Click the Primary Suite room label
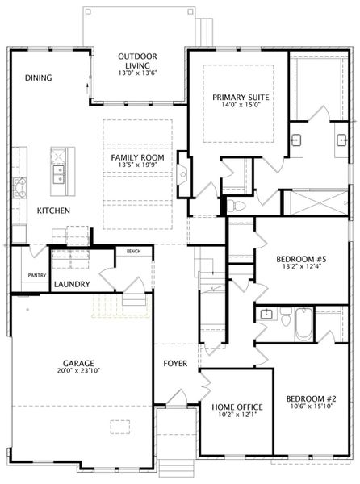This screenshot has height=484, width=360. coord(241,98)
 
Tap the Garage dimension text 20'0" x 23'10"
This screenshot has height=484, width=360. coord(78,370)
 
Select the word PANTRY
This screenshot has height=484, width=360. coord(37,275)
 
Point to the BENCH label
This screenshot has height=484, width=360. coord(134,252)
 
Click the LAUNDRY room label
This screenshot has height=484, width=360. coord(72,284)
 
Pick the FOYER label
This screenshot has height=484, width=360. coord(175,364)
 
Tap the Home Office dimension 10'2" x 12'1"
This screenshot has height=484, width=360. coord(237,415)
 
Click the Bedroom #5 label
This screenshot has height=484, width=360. coord(301,259)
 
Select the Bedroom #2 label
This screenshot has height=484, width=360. coord(312,398)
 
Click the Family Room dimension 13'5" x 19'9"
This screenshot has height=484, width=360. coord(138,165)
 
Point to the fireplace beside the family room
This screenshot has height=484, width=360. coord(182,174)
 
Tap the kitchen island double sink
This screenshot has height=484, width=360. coord(59,175)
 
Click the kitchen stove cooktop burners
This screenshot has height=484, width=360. coord(19,187)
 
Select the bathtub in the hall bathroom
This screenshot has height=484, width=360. coord(303,324)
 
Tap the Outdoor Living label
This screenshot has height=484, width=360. coord(138,60)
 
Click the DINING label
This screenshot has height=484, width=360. coord(38,77)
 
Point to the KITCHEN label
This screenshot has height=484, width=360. coord(53,211)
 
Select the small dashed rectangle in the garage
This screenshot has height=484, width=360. coord(120,427)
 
